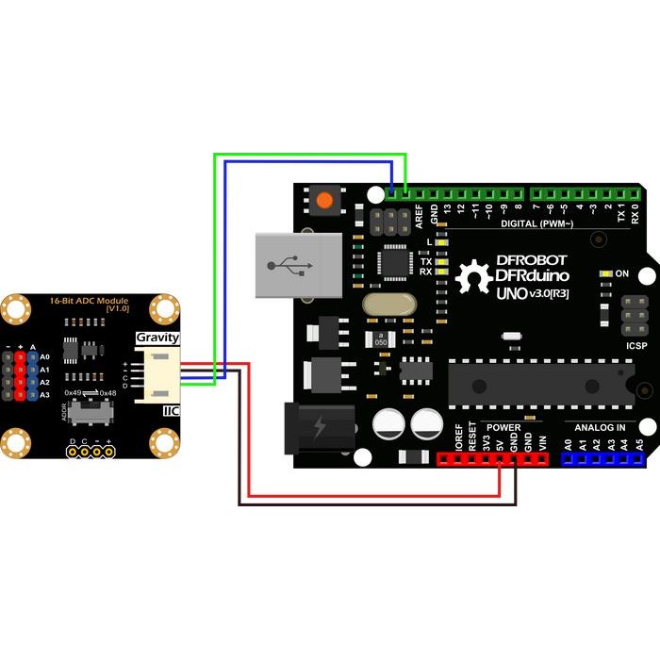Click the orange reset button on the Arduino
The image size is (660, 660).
[x=325, y=200]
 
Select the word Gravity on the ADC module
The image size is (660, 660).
[x=157, y=338]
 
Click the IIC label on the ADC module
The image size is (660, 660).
[x=171, y=411]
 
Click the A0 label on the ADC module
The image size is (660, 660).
[x=44, y=357]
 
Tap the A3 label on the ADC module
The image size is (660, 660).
[x=44, y=395]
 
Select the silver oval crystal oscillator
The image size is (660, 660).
[x=387, y=305]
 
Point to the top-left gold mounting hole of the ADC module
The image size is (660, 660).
[x=14, y=307]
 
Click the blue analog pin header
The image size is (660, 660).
[x=602, y=459]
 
